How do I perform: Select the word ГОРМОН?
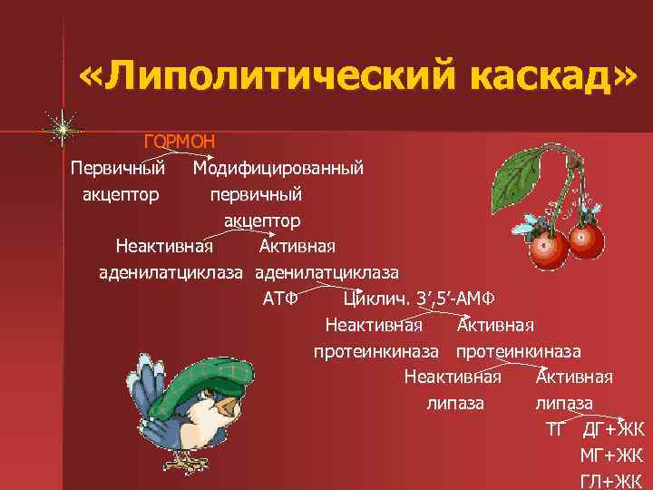179,142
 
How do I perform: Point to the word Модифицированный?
278,168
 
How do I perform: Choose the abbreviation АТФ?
279,299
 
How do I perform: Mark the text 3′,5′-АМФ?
460,299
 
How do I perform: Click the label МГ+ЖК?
611,456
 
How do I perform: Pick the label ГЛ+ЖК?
611,481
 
